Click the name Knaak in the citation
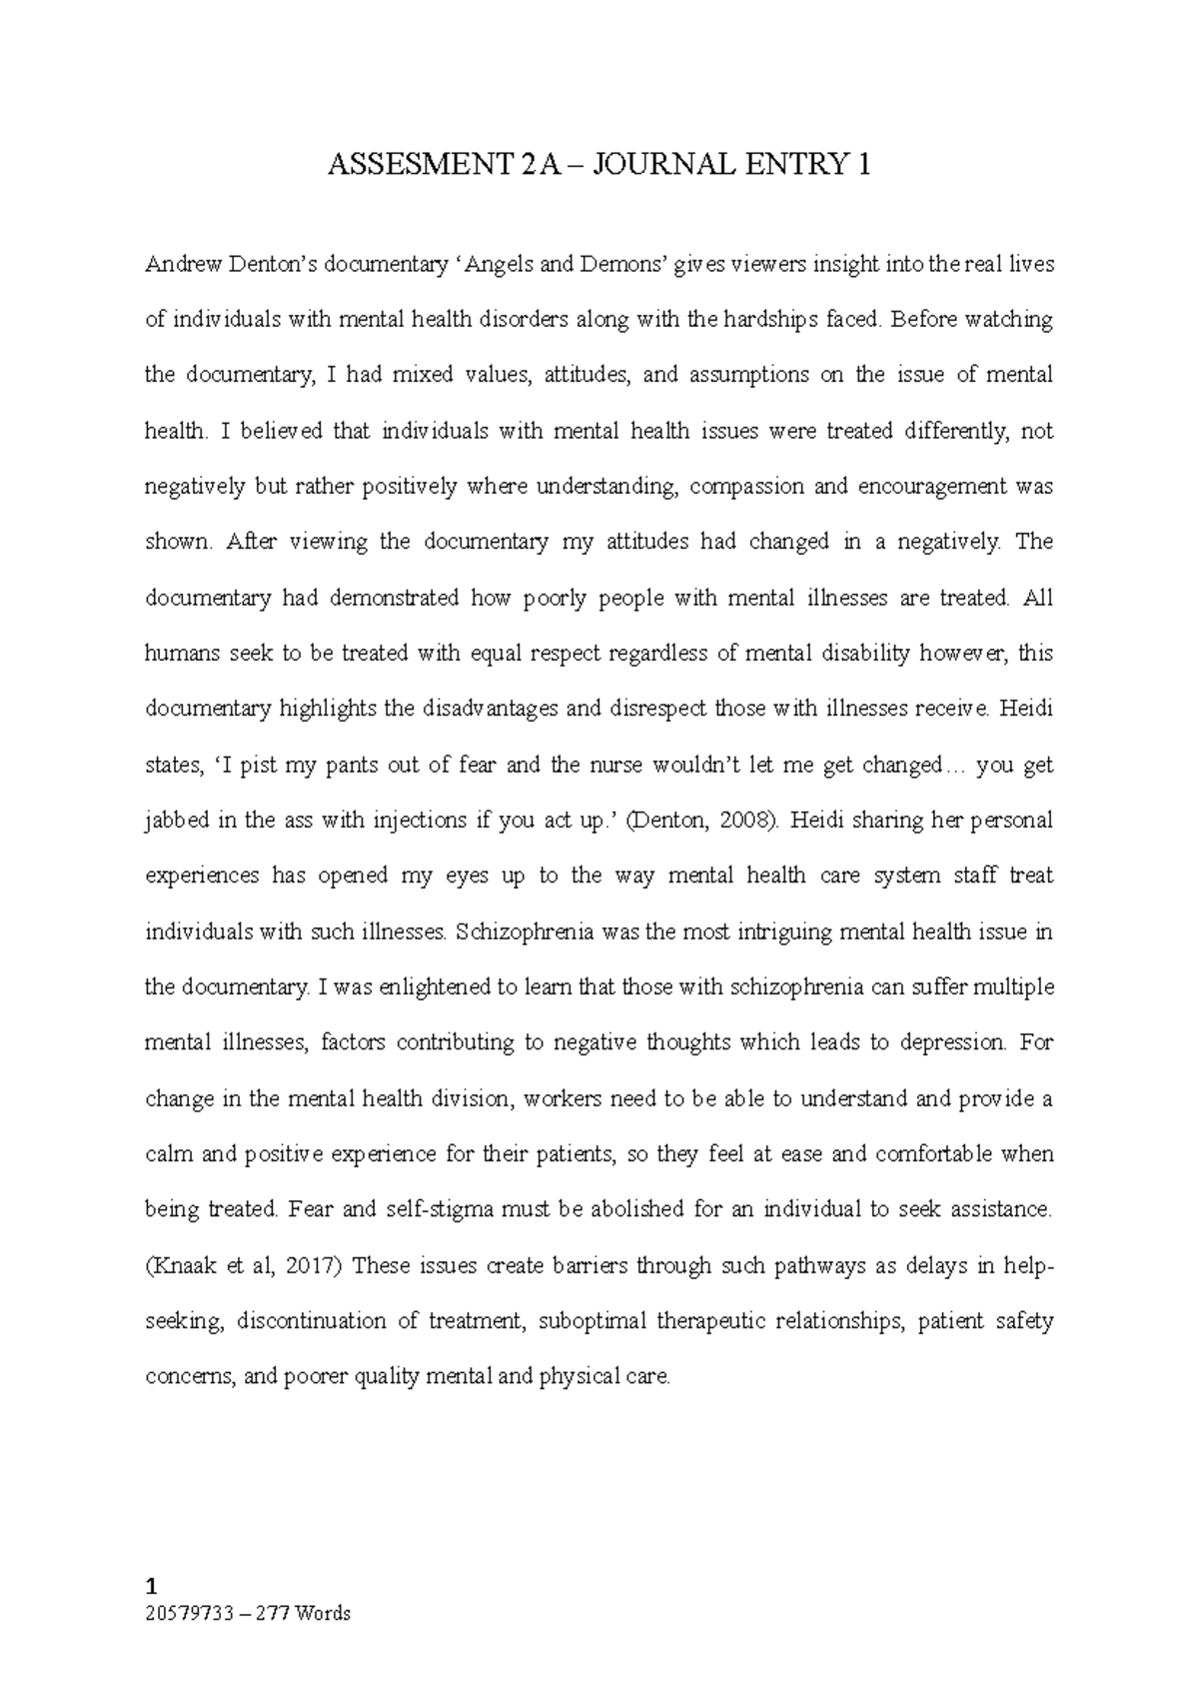[178, 1265]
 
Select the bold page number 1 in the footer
[151, 1586]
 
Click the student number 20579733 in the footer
[182, 1612]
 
